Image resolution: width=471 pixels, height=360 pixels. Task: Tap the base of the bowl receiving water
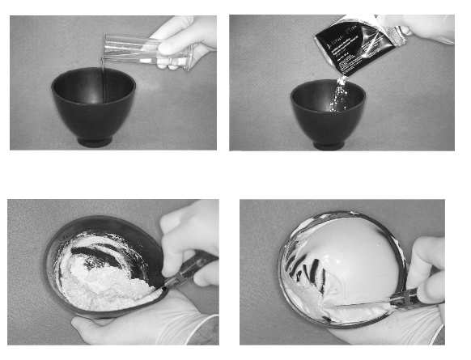point(94,142)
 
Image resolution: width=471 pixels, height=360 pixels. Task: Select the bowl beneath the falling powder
point(327,113)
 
